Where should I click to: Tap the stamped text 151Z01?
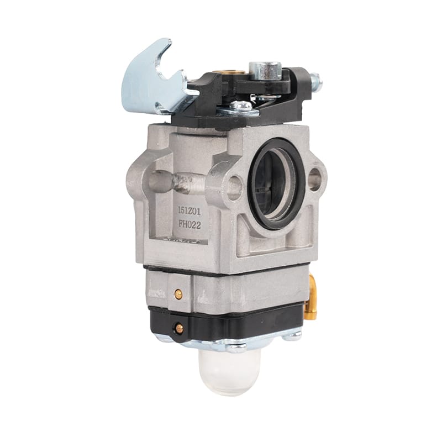[x=189, y=211]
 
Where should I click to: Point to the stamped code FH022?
[x=190, y=225]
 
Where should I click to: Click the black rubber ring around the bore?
[x=276, y=184]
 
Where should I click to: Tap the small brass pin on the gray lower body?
[x=178, y=294]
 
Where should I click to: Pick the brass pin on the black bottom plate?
[x=178, y=328]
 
